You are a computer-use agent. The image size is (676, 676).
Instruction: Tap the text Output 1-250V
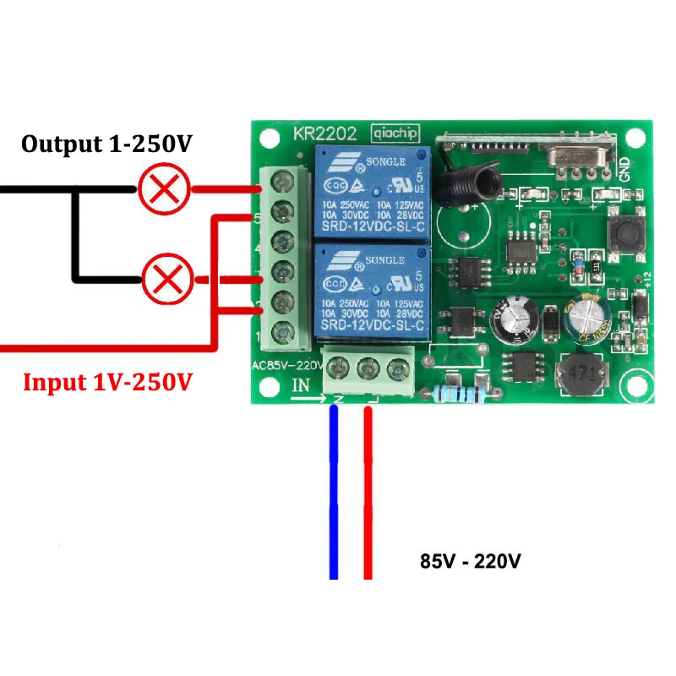click(106, 144)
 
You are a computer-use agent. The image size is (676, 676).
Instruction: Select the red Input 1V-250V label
click(107, 382)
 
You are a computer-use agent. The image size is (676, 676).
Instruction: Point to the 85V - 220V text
click(471, 560)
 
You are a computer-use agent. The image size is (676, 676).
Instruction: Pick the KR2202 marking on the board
click(324, 134)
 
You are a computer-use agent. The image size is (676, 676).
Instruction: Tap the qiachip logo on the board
click(395, 134)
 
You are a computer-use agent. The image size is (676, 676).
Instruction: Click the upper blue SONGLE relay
click(372, 190)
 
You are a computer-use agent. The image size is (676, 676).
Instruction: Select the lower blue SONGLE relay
click(372, 287)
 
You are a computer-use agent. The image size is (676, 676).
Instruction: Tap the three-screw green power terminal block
click(368, 370)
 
